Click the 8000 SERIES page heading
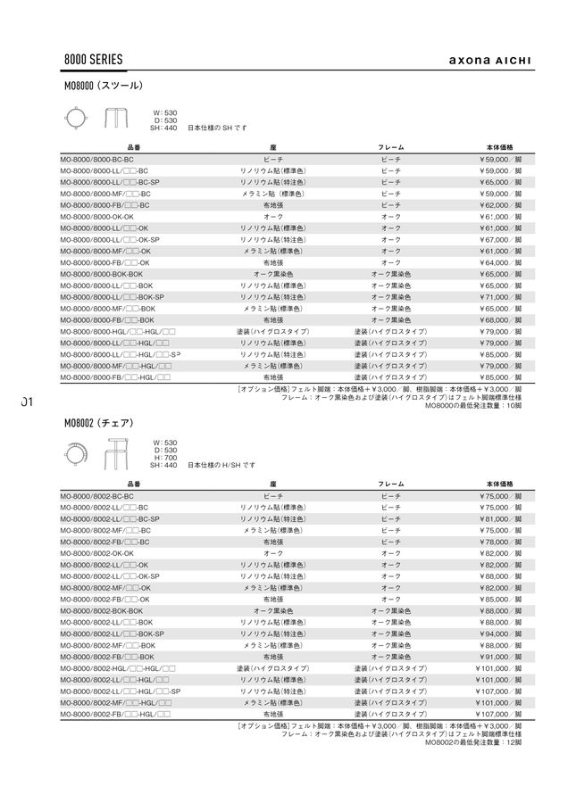[93, 60]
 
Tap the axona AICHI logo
[489, 62]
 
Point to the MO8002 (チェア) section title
[99, 422]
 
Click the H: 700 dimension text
[165, 458]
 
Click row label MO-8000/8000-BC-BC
[96, 159]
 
